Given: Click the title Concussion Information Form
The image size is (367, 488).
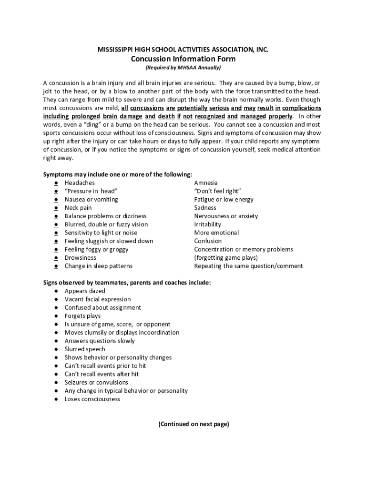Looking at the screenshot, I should pyautogui.click(x=183, y=59).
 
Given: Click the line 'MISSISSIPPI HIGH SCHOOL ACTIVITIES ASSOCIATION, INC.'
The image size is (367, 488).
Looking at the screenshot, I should pyautogui.click(x=183, y=50).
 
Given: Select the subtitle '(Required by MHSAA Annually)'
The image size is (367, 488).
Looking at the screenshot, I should pyautogui.click(x=183, y=68).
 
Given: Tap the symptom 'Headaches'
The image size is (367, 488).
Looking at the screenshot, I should pyautogui.click(x=80, y=183).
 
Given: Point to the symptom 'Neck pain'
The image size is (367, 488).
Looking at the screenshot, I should pyautogui.click(x=78, y=208).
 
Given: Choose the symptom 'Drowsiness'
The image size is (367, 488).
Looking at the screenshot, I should pyautogui.click(x=80, y=258).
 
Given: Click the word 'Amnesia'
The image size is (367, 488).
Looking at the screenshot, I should pyautogui.click(x=206, y=183).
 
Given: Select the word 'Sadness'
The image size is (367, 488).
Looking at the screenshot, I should pyautogui.click(x=205, y=208).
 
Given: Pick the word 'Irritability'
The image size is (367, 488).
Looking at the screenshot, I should pyautogui.click(x=207, y=224).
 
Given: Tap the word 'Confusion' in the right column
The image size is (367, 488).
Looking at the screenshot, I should pyautogui.click(x=208, y=241).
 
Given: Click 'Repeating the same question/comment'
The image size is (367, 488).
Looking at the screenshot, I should pyautogui.click(x=248, y=266).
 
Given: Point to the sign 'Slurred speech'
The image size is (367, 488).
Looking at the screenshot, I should pyautogui.click(x=85, y=349).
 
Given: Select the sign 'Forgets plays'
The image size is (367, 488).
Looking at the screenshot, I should pyautogui.click(x=82, y=316).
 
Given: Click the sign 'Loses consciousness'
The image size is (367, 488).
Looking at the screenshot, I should pyautogui.click(x=92, y=399).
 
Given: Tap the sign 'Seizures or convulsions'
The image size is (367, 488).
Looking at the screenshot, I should pyautogui.click(x=96, y=383).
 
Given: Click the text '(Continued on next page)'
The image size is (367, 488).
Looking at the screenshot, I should pyautogui.click(x=194, y=424).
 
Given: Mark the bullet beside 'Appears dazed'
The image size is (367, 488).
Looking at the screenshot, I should pyautogui.click(x=56, y=291).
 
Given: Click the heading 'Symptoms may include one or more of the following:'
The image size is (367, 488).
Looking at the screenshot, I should pyautogui.click(x=118, y=174).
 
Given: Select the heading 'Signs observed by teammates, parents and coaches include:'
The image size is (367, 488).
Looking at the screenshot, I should pyautogui.click(x=127, y=283).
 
